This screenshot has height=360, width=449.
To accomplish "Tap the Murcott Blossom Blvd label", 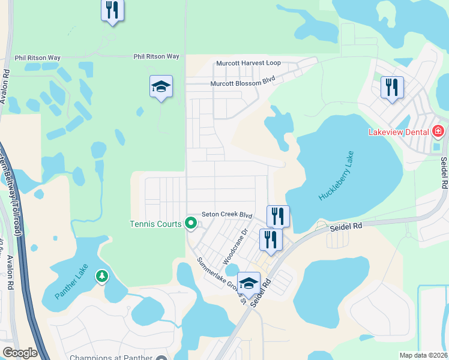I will (238, 83).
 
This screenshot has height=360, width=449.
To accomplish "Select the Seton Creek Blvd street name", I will (226, 214).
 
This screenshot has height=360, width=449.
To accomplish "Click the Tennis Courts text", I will (155, 224).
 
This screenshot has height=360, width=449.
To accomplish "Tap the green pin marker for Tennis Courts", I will (191, 224).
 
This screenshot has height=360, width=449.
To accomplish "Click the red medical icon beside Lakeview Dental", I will (438, 131).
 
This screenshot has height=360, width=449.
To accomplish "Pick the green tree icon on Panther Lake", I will (103, 275).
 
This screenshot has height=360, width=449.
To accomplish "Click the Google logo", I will (20, 353).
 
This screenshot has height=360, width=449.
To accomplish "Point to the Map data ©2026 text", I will (423, 355).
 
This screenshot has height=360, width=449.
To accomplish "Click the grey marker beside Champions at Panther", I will (161, 358).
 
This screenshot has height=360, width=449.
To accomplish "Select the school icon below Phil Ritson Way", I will (161, 87).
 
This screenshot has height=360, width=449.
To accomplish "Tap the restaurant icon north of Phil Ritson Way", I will (113, 10).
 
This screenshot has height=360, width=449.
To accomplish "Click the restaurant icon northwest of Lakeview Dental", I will (392, 88).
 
